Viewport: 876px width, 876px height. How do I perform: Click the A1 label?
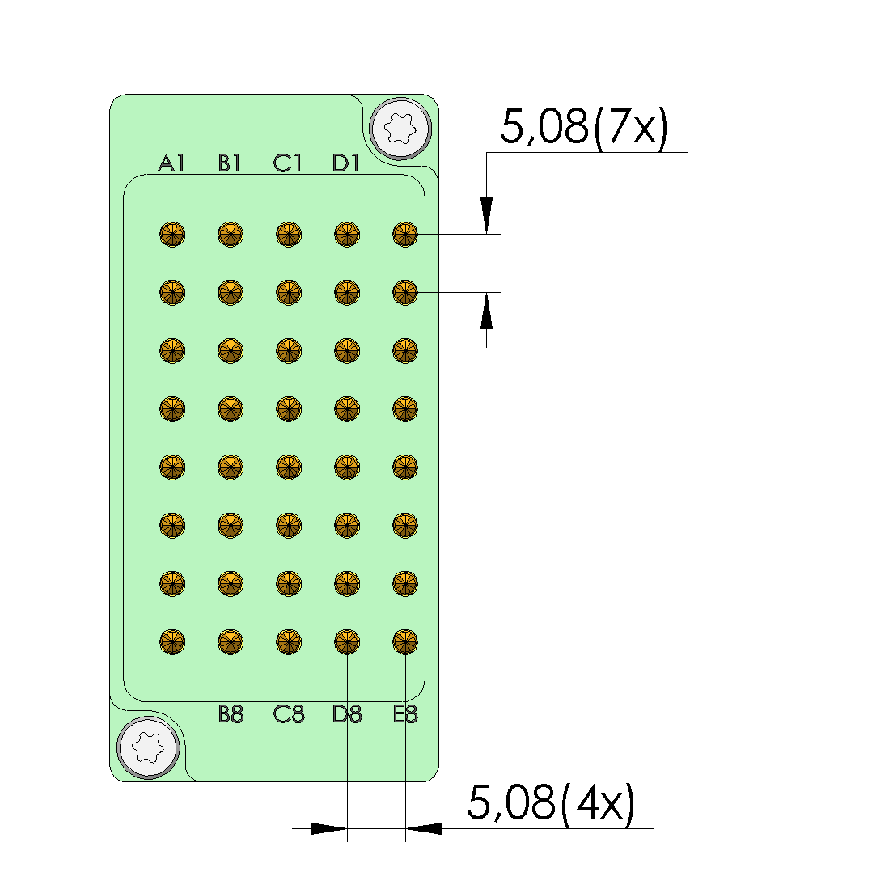(x=171, y=163)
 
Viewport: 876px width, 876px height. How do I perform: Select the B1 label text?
(x=229, y=163)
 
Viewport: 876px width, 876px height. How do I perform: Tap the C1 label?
(x=287, y=163)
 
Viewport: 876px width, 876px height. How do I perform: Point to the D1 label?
(x=346, y=163)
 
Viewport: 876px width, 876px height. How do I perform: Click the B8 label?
(x=231, y=714)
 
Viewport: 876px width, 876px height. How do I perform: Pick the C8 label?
(x=289, y=714)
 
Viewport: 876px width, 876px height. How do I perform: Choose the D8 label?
(x=347, y=714)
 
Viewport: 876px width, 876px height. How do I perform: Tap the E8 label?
(x=405, y=714)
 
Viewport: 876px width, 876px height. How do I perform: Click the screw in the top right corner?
(x=400, y=129)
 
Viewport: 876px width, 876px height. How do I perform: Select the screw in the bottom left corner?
(x=148, y=747)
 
